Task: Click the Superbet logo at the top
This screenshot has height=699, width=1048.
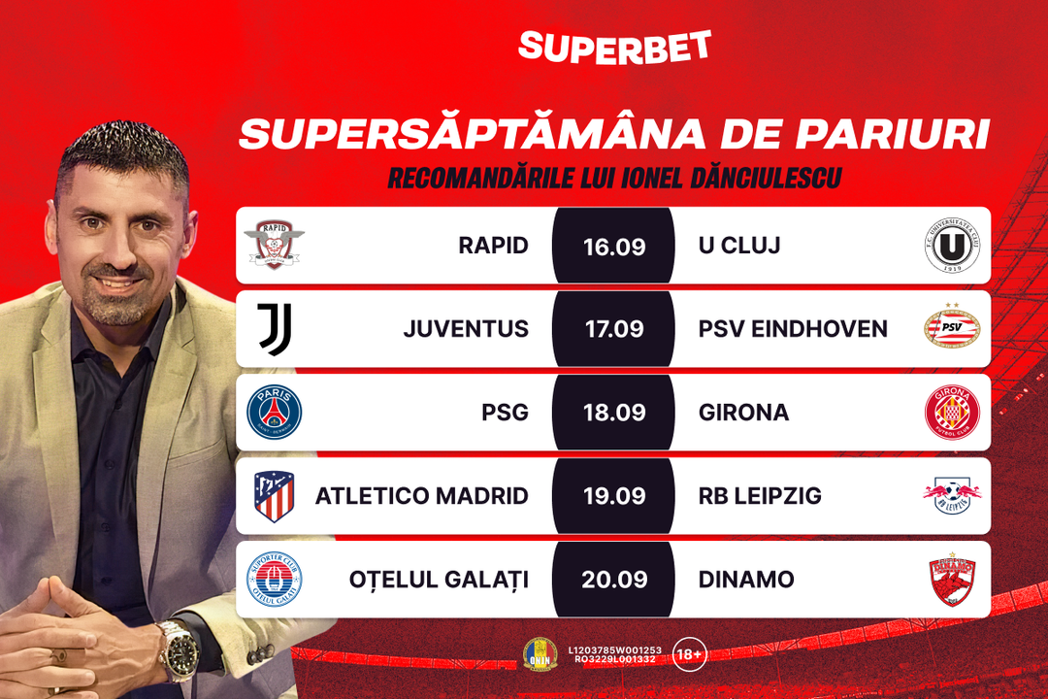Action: tap(614, 48)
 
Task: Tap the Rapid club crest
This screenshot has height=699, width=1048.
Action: tap(274, 245)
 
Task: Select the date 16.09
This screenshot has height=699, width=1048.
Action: tap(614, 247)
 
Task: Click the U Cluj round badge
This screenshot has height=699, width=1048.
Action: tap(952, 245)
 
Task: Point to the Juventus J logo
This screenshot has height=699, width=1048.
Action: tap(275, 328)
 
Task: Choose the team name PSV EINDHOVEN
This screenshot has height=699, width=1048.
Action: tap(793, 329)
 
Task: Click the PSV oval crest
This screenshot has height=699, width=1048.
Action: tap(952, 326)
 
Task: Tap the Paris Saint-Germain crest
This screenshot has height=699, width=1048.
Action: tap(274, 412)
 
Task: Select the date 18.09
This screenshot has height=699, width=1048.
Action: tap(614, 413)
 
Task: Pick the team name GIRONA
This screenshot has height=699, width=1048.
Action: tap(743, 413)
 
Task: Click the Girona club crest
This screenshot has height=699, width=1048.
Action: tap(952, 412)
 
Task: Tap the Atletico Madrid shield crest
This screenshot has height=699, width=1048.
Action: tap(274, 496)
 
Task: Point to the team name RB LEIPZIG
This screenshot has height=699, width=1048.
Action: tap(760, 496)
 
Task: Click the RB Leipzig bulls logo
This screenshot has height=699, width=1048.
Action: tap(952, 496)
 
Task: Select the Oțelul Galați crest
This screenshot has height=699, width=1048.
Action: tap(274, 580)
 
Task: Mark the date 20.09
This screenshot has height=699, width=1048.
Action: tap(614, 580)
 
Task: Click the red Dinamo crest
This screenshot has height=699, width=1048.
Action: tap(953, 580)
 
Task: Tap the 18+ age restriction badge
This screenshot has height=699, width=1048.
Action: tap(690, 653)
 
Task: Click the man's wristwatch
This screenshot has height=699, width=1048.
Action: tap(180, 649)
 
